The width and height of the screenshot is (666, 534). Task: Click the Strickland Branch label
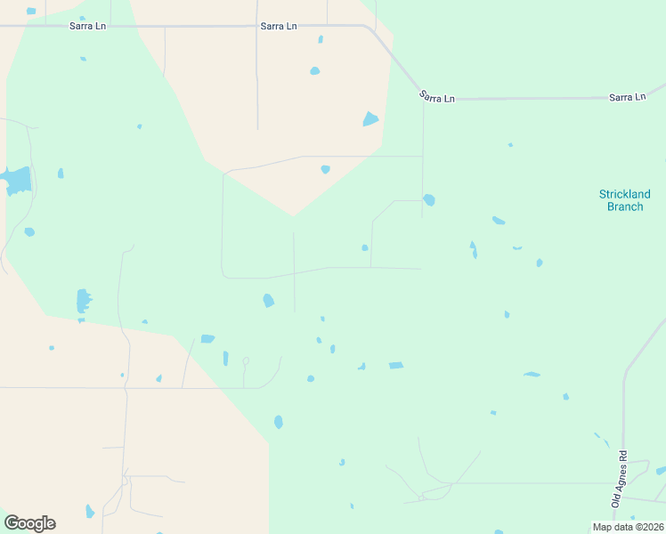pyautogui.click(x=624, y=200)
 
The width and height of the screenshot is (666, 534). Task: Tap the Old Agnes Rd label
pyautogui.click(x=620, y=480)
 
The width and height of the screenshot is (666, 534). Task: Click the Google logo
pyautogui.click(x=29, y=522)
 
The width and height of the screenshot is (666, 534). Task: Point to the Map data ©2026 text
pyautogui.click(x=629, y=527)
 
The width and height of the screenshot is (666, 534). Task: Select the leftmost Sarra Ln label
pyautogui.click(x=88, y=26)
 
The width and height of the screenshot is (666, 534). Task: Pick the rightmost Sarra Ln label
pyautogui.click(x=627, y=96)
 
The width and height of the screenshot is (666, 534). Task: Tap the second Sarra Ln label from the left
pyautogui.click(x=279, y=26)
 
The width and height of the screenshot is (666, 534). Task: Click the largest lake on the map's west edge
pyautogui.click(x=17, y=182)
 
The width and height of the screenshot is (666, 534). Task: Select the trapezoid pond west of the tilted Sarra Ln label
pyautogui.click(x=370, y=119)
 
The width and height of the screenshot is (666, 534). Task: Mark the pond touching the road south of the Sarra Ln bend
pyautogui.click(x=429, y=199)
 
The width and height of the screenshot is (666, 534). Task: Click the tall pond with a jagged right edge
pyautogui.click(x=83, y=300)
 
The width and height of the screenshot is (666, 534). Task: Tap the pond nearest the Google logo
pyautogui.click(x=89, y=511)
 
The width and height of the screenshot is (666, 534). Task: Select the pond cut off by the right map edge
pyautogui.click(x=661, y=470)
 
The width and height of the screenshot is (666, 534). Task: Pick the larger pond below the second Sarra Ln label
pyautogui.click(x=314, y=70)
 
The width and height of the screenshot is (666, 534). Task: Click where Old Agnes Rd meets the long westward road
pyautogui.click(x=623, y=483)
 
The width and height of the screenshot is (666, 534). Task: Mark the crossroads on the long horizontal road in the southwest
pyautogui.click(x=126, y=387)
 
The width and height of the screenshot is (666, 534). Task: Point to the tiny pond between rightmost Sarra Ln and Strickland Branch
pyautogui.click(x=510, y=144)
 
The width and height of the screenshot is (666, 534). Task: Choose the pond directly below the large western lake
pyautogui.click(x=29, y=231)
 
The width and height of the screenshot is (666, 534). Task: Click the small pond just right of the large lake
pyautogui.click(x=61, y=173)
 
